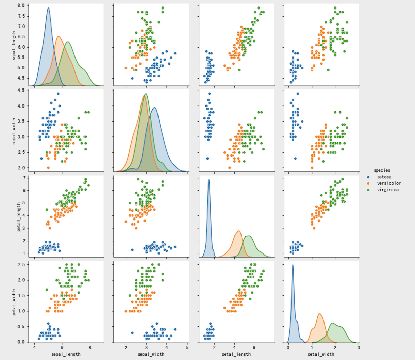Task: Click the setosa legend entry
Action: pos(384,177)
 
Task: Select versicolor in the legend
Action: pos(389,183)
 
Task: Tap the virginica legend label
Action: pos(388,190)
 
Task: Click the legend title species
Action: pos(382,170)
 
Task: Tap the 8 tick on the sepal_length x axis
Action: pos(90,348)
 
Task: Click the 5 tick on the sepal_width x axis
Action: pos(187,348)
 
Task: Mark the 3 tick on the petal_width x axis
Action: pos(359,348)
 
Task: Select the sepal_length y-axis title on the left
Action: pos(14,46)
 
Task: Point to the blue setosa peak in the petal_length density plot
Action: pos(209,179)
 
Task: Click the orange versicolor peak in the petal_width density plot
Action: pos(319,314)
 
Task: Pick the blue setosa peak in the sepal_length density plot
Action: pos(48,8)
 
